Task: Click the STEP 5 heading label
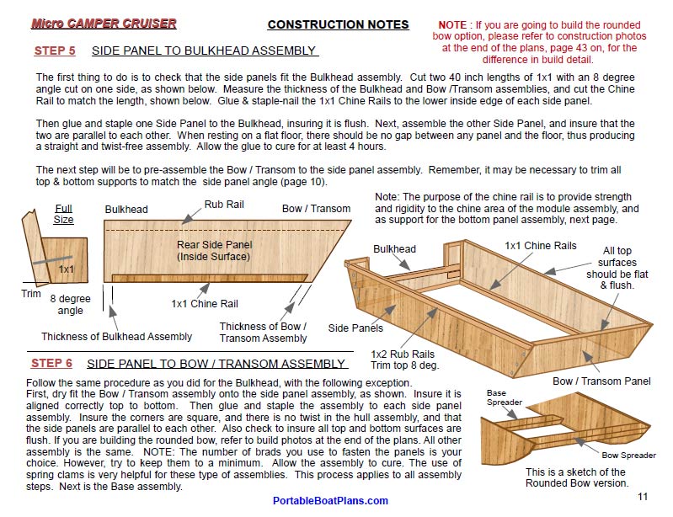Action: click(x=55, y=51)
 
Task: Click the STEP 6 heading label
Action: click(x=51, y=364)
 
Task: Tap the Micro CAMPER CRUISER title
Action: click(x=104, y=23)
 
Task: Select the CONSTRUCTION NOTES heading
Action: click(x=338, y=24)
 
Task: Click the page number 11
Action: click(x=643, y=497)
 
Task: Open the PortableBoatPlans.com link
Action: click(x=330, y=501)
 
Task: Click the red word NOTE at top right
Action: click(x=452, y=25)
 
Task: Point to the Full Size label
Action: click(x=64, y=214)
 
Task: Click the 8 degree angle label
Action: click(x=71, y=304)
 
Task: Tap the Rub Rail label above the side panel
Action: click(x=225, y=205)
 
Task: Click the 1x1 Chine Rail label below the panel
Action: click(x=205, y=304)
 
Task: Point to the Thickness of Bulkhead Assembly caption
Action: click(x=117, y=337)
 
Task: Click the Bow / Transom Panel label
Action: click(x=601, y=381)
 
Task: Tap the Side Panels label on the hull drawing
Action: click(x=355, y=328)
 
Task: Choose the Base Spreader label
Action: click(x=505, y=397)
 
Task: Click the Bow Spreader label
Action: click(x=628, y=456)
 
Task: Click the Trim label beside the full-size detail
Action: click(x=31, y=294)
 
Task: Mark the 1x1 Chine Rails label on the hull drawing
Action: click(x=541, y=245)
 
